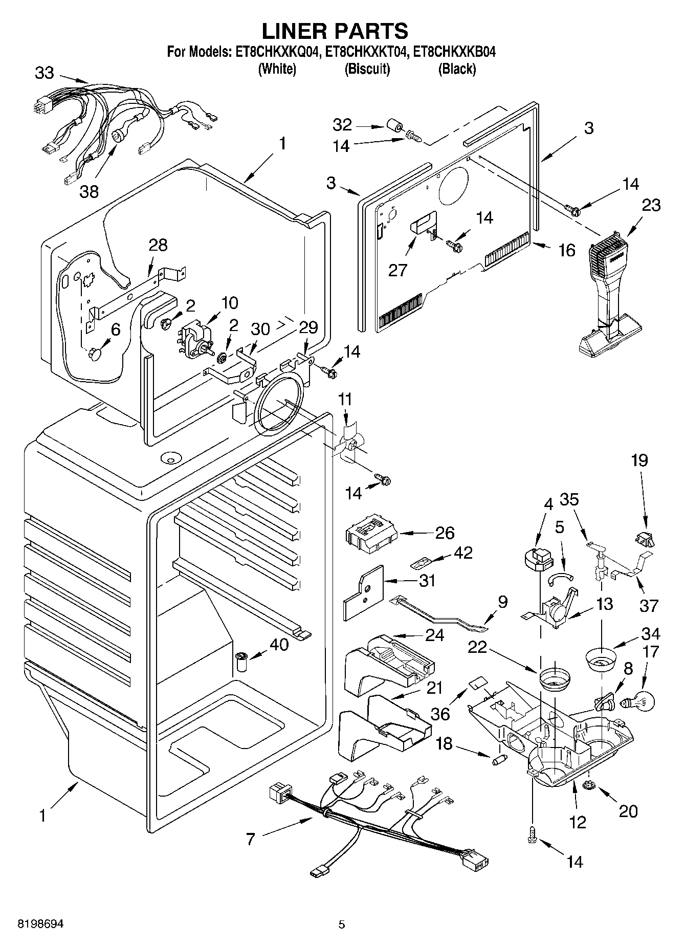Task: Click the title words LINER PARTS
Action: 335,31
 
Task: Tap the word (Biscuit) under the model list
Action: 367,69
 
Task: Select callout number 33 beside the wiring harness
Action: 45,73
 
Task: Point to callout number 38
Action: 89,191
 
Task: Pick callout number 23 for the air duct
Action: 651,205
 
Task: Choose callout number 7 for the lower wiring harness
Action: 250,839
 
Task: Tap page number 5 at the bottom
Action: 342,925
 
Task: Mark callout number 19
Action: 639,460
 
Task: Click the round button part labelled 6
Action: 96,354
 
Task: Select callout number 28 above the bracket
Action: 158,245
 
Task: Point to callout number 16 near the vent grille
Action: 567,250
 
